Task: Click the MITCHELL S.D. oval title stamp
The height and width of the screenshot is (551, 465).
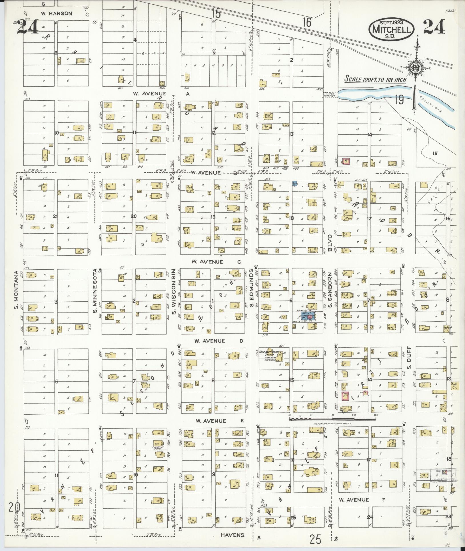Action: (x=391, y=29)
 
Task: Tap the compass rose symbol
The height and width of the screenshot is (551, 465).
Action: (x=414, y=68)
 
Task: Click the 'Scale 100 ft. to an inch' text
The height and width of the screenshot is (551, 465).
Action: (x=375, y=79)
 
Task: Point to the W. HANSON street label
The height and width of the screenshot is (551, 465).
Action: (x=57, y=13)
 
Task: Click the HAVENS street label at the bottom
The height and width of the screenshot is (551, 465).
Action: (x=232, y=535)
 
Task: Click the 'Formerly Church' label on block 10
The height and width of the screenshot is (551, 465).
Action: (x=158, y=448)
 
